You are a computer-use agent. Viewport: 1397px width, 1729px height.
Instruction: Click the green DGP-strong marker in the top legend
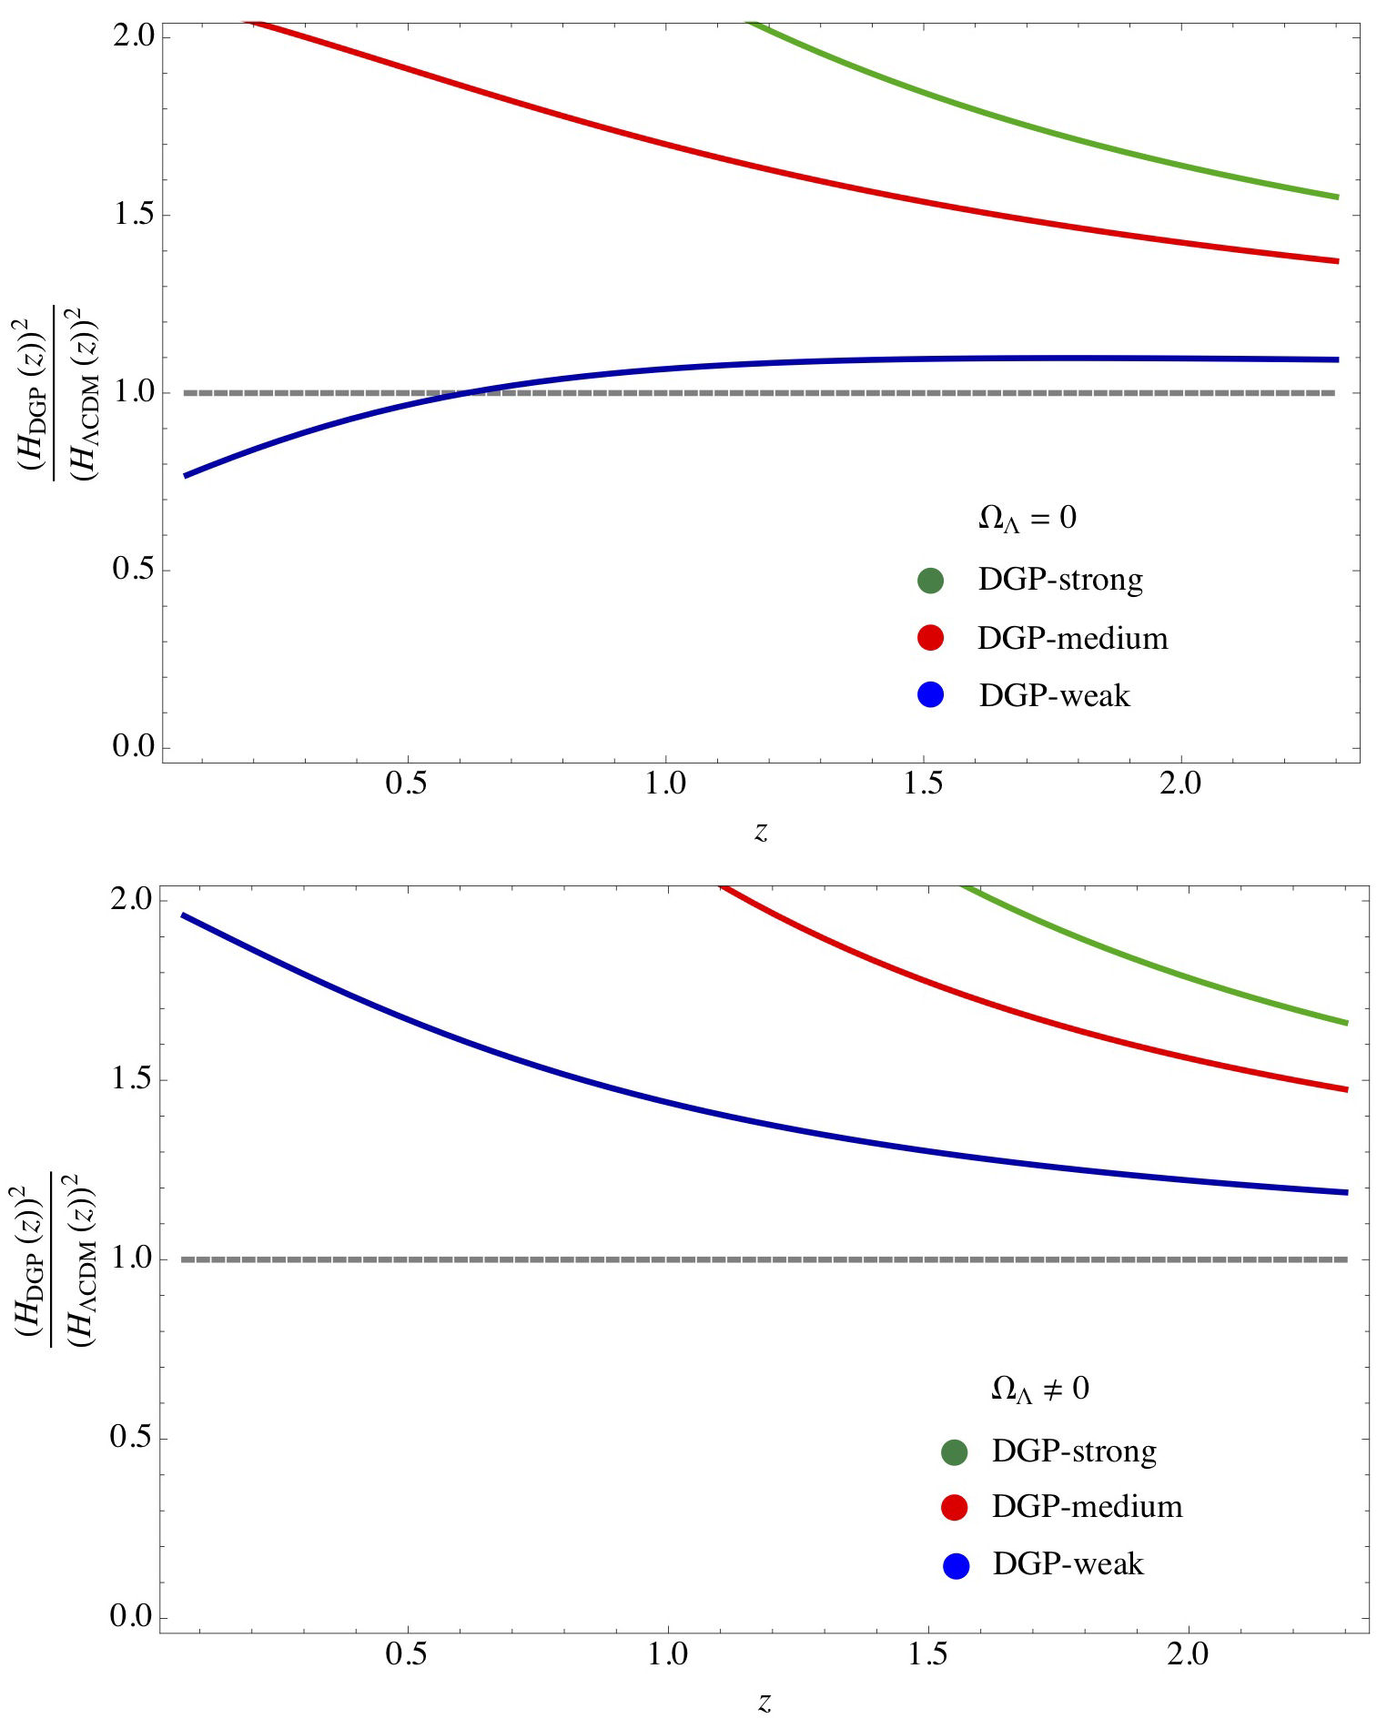coord(930,581)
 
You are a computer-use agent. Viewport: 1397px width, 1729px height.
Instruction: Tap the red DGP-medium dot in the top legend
coord(930,638)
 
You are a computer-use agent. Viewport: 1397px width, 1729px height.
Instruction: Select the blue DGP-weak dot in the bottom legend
coord(956,1566)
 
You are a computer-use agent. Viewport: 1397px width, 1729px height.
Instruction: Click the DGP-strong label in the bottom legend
coord(1074,1451)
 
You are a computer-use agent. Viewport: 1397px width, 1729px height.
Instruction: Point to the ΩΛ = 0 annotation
coord(1027,519)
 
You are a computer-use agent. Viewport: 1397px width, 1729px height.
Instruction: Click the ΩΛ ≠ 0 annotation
coord(1039,1390)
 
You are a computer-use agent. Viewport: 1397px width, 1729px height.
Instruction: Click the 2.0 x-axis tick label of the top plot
coord(1180,784)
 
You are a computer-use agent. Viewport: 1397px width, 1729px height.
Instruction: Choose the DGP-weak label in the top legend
coord(1054,696)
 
